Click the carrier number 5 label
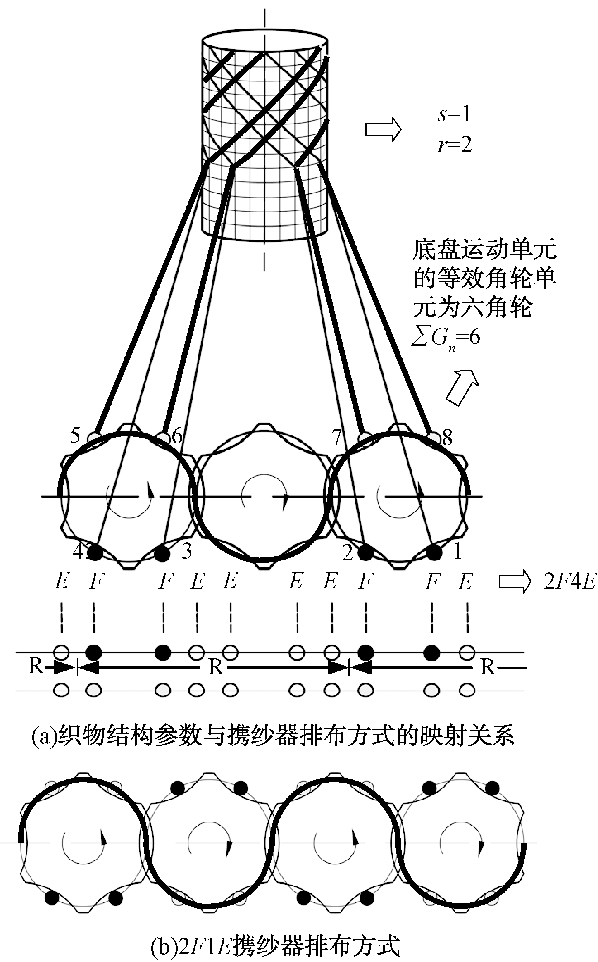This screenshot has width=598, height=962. tap(75, 436)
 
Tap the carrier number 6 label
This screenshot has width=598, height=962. tap(177, 437)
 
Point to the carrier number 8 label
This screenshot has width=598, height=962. tap(447, 438)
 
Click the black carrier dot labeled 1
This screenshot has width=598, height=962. tap(434, 552)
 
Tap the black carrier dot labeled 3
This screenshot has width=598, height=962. tap(162, 552)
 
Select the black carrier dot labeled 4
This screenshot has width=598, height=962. tap(95, 552)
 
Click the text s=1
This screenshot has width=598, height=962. tap(454, 115)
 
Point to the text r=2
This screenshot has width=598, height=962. tap(454, 145)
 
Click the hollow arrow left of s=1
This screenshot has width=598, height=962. tap(383, 130)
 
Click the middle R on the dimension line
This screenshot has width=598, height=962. tap(216, 667)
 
